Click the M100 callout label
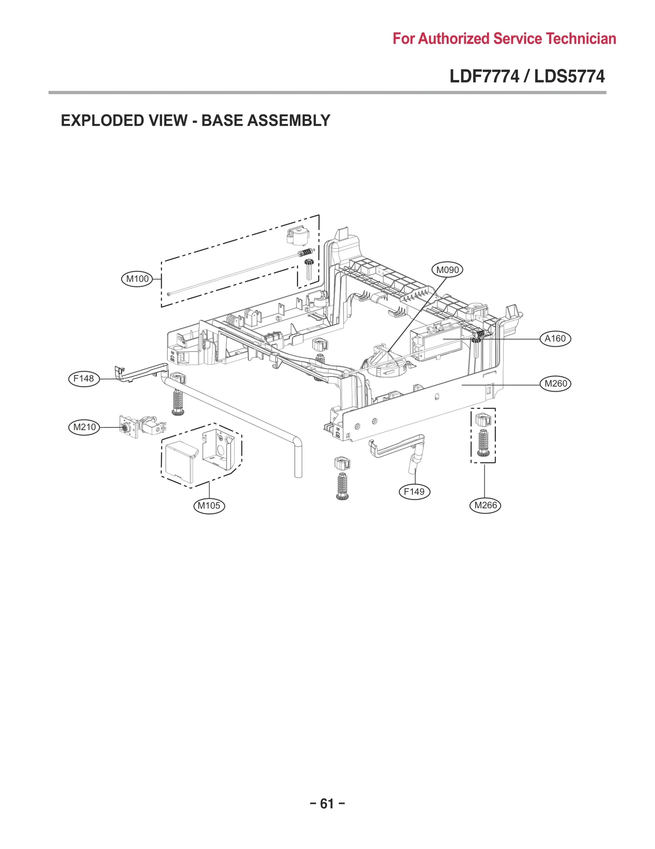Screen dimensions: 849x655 pyautogui.click(x=137, y=279)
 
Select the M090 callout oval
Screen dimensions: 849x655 pyautogui.click(x=447, y=270)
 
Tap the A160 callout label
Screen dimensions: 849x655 pyautogui.click(x=555, y=339)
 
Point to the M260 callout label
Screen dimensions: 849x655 pyautogui.click(x=556, y=384)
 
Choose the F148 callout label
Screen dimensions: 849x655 pyautogui.click(x=84, y=379)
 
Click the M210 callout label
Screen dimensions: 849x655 pyautogui.click(x=84, y=427)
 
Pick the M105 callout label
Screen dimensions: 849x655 pyautogui.click(x=209, y=506)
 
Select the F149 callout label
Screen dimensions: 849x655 pyautogui.click(x=414, y=492)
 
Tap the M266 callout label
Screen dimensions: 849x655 pyautogui.click(x=486, y=506)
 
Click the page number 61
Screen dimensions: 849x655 pyautogui.click(x=327, y=804)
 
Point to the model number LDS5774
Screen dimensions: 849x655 pyautogui.click(x=569, y=77)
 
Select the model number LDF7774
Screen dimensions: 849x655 pyautogui.click(x=484, y=77)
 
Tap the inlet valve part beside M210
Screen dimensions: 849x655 pyautogui.click(x=143, y=426)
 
